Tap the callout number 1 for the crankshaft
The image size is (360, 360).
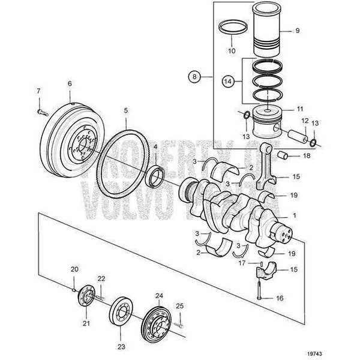(x=294, y=215)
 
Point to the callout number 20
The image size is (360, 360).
(x=74, y=269)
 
